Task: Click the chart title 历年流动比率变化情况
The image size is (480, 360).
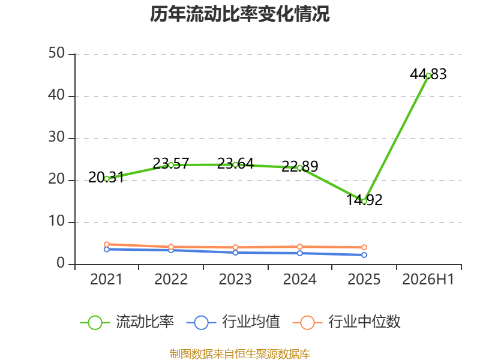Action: pyautogui.click(x=239, y=14)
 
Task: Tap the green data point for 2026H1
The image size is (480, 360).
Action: pyautogui.click(x=428, y=76)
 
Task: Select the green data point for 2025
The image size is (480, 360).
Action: pyautogui.click(x=364, y=202)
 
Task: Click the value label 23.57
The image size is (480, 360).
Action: pyautogui.click(x=171, y=163)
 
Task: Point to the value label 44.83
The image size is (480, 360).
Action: pyautogui.click(x=428, y=74)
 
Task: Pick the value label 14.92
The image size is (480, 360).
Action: pyautogui.click(x=364, y=200)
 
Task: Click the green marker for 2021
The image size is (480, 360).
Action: pyautogui.click(x=107, y=179)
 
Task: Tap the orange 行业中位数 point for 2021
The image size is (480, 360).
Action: pyautogui.click(x=107, y=244)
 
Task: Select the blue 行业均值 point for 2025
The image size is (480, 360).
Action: pyautogui.click(x=364, y=254)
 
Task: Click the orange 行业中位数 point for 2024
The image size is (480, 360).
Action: pyautogui.click(x=299, y=247)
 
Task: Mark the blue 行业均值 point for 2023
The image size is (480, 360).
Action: pyautogui.click(x=235, y=253)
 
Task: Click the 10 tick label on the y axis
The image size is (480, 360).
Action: pyautogui.click(x=56, y=221)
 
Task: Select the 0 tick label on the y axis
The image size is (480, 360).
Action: pyautogui.click(x=61, y=263)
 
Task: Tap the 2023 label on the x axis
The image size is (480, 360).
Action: pyautogui.click(x=235, y=279)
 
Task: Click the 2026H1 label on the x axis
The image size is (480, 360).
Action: pyautogui.click(x=428, y=279)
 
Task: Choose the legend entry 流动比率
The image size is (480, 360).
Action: pyautogui.click(x=127, y=322)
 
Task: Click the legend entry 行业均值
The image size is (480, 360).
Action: pyautogui.click(x=233, y=322)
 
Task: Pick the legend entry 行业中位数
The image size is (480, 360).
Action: pyautogui.click(x=347, y=322)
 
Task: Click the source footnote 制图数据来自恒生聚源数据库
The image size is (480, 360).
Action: pyautogui.click(x=239, y=354)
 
